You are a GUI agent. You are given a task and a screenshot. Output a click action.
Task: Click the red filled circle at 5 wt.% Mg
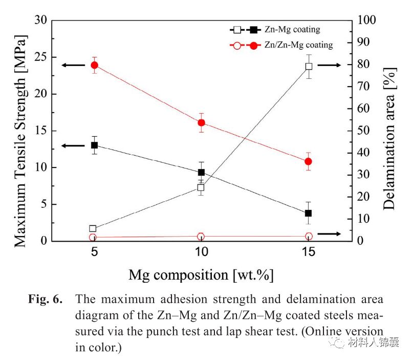(x=94, y=65)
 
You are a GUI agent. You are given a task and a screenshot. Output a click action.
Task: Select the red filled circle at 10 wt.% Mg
(x=201, y=122)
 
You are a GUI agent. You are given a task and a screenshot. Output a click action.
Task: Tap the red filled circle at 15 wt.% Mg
(x=308, y=161)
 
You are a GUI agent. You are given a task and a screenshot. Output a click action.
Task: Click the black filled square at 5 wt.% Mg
(x=94, y=145)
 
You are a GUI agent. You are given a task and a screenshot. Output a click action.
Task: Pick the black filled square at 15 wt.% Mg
(x=308, y=213)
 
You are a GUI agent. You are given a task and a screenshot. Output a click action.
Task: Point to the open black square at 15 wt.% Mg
(x=309, y=66)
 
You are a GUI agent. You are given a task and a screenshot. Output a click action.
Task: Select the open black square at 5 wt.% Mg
(x=93, y=228)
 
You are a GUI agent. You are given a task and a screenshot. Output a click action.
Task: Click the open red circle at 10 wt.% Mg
(x=201, y=237)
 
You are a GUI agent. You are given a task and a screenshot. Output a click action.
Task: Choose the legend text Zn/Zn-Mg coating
(x=299, y=45)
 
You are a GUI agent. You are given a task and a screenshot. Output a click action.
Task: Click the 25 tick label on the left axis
(x=40, y=57)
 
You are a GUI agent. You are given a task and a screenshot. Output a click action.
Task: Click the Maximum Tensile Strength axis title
(x=19, y=131)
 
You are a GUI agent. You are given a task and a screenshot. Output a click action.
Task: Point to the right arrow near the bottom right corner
(x=329, y=234)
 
